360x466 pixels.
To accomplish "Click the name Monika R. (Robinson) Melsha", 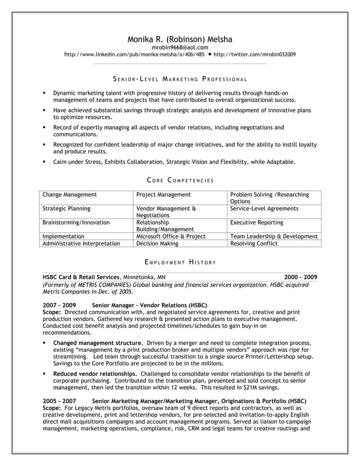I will coord(179,39).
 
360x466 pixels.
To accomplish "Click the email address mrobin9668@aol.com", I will coord(179,47).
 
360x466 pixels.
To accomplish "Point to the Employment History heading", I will coord(179,262).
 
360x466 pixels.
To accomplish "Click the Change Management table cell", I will coord(70,195).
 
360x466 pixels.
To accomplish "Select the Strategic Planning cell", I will coord(67,208).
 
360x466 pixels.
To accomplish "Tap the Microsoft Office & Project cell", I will coord(170,236).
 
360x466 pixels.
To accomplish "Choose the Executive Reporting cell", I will coord(256,222).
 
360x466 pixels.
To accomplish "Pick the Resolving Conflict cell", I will coord(254,244).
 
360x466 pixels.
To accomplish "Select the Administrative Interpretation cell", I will coord(81,244).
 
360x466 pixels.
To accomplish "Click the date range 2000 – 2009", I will coord(300,277).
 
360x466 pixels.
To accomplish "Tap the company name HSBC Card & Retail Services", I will coord(81,277).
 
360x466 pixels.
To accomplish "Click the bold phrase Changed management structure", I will coord(98,342).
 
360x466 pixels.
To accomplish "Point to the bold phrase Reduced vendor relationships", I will coord(95,373).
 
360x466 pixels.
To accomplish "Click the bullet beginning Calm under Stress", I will coord(174,162).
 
